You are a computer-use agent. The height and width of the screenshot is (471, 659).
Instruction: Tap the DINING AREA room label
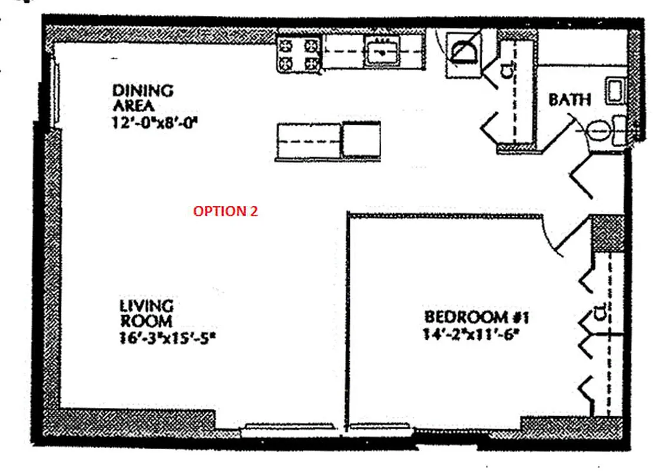pos(143,98)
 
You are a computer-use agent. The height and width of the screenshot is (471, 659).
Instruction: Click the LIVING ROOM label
pos(146,314)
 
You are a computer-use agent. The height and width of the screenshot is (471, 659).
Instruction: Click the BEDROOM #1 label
pos(477,317)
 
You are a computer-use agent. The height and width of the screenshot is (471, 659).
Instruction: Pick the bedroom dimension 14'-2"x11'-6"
pos(473,333)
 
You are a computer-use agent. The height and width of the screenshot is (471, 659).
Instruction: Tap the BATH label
pos(569,100)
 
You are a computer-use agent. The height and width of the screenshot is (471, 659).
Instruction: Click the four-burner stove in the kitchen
pos(299,54)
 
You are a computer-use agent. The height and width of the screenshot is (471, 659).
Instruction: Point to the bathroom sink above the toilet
pos(616,91)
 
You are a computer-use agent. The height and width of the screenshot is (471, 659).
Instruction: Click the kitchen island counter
pos(309,141)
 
